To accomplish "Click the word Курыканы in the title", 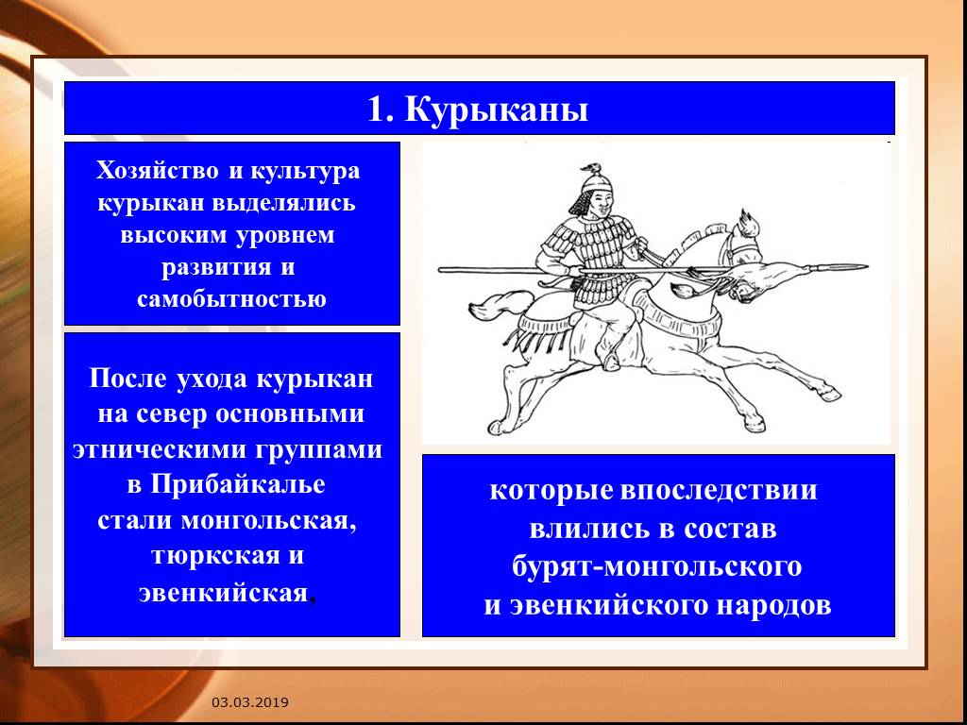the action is tap(497, 110).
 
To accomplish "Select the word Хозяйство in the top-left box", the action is tap(158, 170).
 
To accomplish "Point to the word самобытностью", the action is tap(231, 299).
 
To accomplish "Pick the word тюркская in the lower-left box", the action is tap(207, 555).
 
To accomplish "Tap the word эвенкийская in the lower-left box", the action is tap(223, 593).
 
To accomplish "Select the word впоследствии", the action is tap(719, 491).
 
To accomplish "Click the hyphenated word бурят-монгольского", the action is tap(657, 567).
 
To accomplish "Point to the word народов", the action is tap(773, 605).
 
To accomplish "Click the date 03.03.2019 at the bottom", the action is tap(250, 702).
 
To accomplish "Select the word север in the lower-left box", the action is tap(172, 414).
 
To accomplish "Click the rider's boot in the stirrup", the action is tap(611, 361).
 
